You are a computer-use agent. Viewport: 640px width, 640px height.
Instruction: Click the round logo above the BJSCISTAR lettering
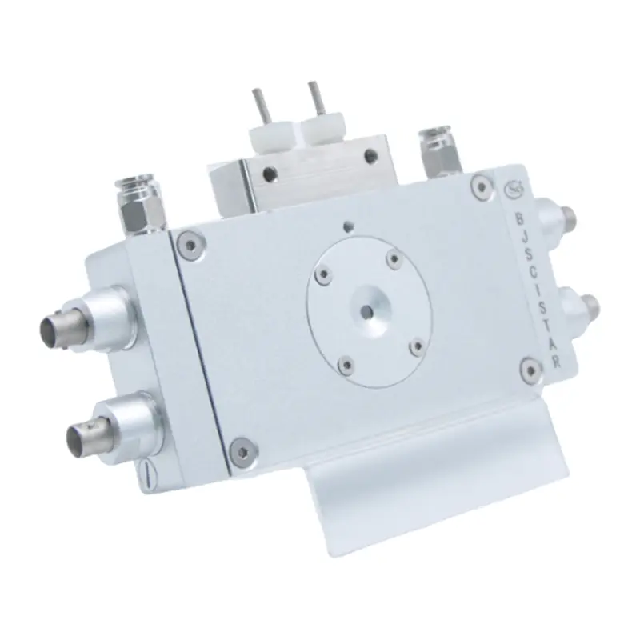tap(512, 190)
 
